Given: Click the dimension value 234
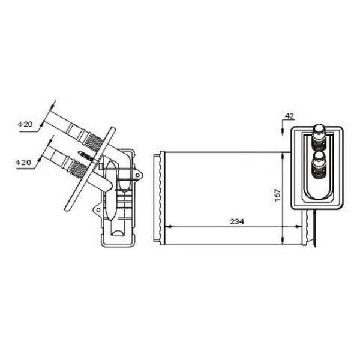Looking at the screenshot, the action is click(237, 222).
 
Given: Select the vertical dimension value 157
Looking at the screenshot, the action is click(278, 195).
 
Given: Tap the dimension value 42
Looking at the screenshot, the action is click(289, 116).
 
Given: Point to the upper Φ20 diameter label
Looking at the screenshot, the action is click(25, 124).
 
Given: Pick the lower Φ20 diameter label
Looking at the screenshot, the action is click(23, 163).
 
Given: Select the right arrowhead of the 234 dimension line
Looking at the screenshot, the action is click(299, 227).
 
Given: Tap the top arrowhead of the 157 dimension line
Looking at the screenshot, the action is click(282, 156).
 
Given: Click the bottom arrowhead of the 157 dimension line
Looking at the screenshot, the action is click(282, 240).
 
